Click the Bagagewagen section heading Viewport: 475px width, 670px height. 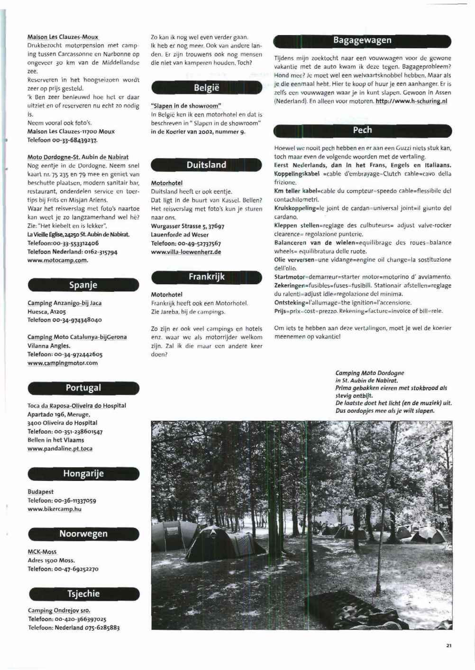pos(362,40)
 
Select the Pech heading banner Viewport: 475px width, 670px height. pos(362,130)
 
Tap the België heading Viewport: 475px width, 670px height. pos(206,88)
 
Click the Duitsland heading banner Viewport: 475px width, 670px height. pos(206,165)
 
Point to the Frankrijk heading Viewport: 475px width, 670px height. pos(206,277)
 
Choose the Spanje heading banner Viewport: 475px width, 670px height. pos(83,285)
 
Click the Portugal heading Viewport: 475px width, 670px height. pos(83,388)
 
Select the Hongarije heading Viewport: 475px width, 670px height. pos(83,473)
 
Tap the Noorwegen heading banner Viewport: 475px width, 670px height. pos(83,534)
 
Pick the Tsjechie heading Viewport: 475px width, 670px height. pos(83,594)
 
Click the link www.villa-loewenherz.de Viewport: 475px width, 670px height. pos(186,252)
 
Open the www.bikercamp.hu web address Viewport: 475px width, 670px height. pos(55,509)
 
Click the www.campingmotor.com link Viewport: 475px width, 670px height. pos(63,363)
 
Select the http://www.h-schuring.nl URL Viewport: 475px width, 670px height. pos(411,101)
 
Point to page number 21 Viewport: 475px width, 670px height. pos(448,645)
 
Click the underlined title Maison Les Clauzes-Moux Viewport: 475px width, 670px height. pos(63,37)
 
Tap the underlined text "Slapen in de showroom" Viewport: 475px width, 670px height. pos(186,106)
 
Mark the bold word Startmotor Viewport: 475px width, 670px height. pos(291,277)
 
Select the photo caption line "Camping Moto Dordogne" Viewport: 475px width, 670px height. pos(369,373)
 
